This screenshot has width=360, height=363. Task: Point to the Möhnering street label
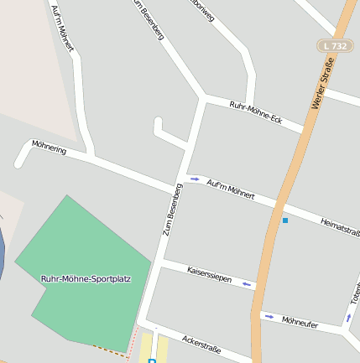[49, 148]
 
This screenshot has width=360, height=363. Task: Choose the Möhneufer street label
[300, 321]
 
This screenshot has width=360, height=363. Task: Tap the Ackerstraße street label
[201, 343]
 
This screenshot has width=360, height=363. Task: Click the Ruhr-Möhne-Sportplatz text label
[83, 277]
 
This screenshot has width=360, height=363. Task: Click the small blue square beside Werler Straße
[285, 220]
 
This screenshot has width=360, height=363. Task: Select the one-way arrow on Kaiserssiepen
[247, 285]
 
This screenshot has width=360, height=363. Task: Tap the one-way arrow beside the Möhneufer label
[269, 317]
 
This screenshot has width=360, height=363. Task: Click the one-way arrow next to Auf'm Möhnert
[195, 179]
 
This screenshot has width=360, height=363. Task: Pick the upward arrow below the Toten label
[348, 318]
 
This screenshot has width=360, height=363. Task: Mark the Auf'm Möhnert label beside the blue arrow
[229, 190]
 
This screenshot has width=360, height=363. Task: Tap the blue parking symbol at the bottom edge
[152, 360]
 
